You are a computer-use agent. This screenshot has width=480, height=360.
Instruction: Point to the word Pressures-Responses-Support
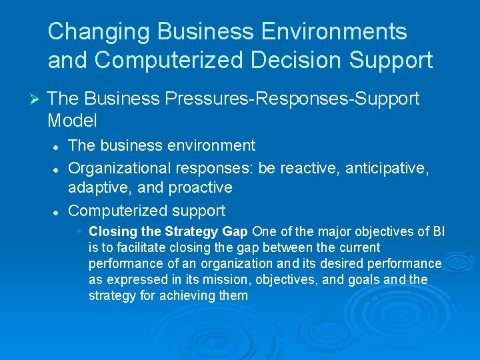tap(290, 99)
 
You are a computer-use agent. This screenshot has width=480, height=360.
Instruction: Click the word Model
tap(72, 121)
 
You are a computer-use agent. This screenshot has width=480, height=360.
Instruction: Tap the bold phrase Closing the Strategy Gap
tap(168, 232)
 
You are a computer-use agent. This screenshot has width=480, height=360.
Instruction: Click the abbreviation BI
tap(439, 232)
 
